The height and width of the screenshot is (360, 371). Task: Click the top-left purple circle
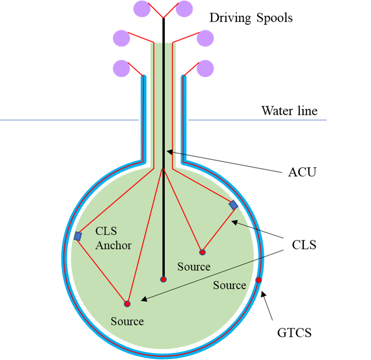point(142,8)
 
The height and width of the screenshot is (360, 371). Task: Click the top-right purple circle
point(184,8)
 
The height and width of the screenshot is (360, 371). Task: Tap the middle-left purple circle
point(121,38)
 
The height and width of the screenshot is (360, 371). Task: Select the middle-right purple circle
point(206,38)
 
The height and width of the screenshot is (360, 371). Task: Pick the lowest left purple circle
point(121,68)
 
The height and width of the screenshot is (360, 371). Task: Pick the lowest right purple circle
point(206,68)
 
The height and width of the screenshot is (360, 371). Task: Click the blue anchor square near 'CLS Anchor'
point(78,236)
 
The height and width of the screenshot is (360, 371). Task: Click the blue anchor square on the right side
point(233,205)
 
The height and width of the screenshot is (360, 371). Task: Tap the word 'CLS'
point(105,232)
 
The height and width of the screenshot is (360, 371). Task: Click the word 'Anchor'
point(113,246)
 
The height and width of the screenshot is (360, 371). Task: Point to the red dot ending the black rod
point(163,279)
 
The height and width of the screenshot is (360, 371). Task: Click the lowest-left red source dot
point(127,304)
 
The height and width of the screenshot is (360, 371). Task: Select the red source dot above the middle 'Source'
point(202,252)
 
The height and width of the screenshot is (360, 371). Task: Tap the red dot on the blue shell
point(259,280)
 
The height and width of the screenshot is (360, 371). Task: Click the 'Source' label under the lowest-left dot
point(127,321)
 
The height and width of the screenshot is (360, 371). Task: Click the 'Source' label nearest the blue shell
point(230,285)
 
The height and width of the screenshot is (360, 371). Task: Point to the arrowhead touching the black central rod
point(168,152)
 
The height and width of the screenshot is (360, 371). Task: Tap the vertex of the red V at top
point(163,18)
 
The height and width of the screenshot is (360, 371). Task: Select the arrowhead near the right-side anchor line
point(234,222)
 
